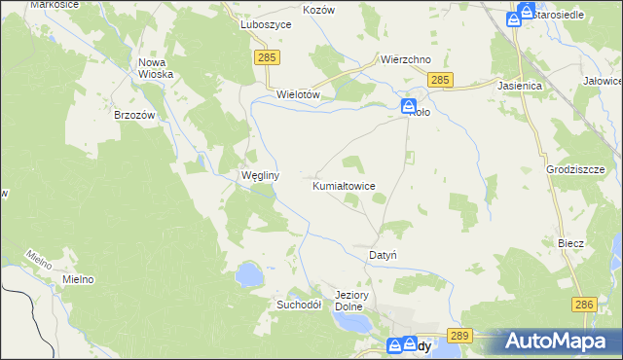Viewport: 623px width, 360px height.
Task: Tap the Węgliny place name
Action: click(260, 176)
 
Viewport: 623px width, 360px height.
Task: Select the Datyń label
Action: click(382, 255)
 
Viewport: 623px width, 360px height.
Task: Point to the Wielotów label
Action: click(299, 94)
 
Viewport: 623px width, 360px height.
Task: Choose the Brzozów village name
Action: click(135, 115)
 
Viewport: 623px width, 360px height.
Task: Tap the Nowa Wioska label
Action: click(156, 68)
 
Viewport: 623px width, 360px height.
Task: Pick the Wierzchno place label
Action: click(406, 59)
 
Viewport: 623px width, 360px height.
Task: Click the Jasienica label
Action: click(526, 86)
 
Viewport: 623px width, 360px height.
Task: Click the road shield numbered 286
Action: click(583, 305)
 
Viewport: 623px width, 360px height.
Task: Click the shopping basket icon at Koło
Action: click(409, 106)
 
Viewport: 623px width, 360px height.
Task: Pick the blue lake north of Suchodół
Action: click(249, 274)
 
